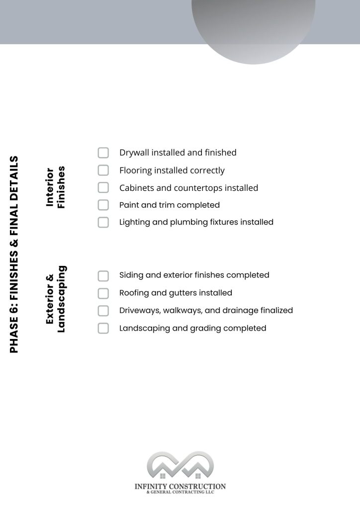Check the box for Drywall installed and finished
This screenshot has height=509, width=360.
(x=103, y=153)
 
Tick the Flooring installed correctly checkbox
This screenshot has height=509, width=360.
(x=103, y=170)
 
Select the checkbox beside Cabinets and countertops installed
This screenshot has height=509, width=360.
(x=103, y=188)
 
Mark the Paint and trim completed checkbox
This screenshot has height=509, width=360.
(x=103, y=205)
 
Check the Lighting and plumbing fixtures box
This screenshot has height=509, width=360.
(x=103, y=222)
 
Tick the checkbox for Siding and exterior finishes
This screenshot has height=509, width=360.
(x=103, y=275)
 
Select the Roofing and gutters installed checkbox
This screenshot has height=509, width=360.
(x=103, y=293)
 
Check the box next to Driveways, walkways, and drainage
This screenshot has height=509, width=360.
(x=103, y=311)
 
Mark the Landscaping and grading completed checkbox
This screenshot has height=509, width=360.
(x=103, y=328)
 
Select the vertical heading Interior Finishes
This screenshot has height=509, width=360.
(x=55, y=187)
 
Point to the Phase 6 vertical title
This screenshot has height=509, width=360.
(x=14, y=254)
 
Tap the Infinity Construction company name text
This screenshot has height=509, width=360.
(x=180, y=486)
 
